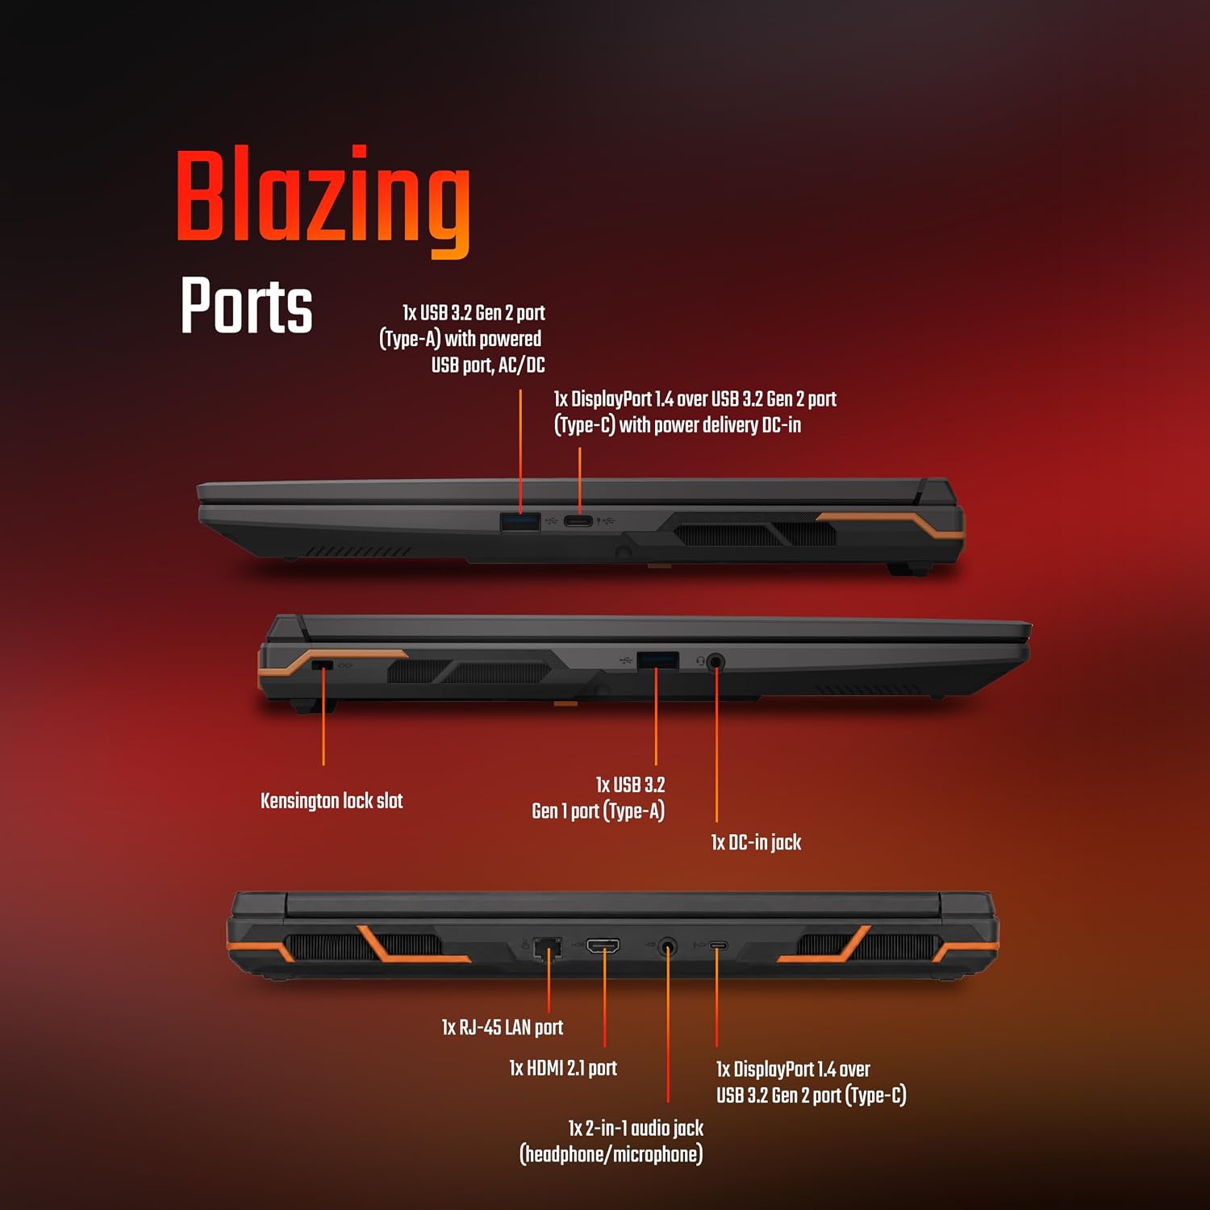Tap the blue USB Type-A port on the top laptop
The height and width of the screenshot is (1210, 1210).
pyautogui.click(x=520, y=521)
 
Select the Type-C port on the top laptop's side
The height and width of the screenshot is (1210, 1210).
pyautogui.click(x=578, y=521)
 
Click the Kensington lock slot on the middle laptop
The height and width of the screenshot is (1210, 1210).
pyautogui.click(x=322, y=665)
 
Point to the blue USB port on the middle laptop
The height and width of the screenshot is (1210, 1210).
pyautogui.click(x=657, y=660)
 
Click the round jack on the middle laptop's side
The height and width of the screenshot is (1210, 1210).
pyautogui.click(x=716, y=662)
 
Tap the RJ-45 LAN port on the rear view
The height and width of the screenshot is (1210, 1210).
pyautogui.click(x=549, y=948)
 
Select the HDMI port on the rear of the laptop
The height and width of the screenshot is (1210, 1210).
pyautogui.click(x=603, y=946)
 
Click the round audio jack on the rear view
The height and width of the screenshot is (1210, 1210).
pyautogui.click(x=667, y=946)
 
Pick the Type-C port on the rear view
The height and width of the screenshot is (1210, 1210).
pyautogui.click(x=717, y=945)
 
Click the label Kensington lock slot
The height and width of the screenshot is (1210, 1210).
pyautogui.click(x=332, y=801)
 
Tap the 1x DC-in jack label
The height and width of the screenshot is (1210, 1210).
pyautogui.click(x=756, y=843)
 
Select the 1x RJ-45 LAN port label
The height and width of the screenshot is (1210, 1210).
pyautogui.click(x=503, y=1028)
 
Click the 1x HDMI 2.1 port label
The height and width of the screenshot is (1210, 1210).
pyautogui.click(x=563, y=1069)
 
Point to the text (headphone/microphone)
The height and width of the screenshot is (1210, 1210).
pyautogui.click(x=611, y=1154)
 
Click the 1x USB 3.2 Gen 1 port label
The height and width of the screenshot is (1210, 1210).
pyautogui.click(x=599, y=798)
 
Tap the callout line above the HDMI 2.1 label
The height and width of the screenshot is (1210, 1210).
pyautogui.click(x=604, y=999)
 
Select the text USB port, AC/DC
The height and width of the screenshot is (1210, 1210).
pyautogui.click(x=488, y=365)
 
